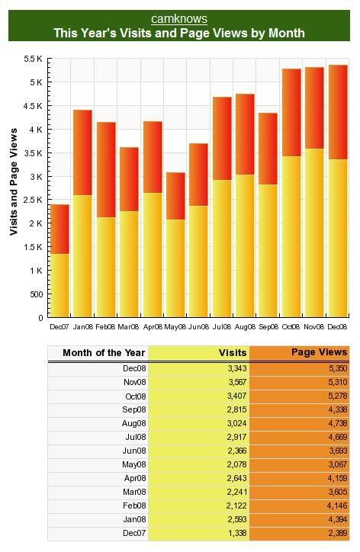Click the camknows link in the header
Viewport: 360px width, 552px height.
(179, 18)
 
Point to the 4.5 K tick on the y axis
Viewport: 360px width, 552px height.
(33, 106)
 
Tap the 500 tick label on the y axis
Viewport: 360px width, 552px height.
(37, 294)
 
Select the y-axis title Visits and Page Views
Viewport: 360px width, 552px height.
(14, 181)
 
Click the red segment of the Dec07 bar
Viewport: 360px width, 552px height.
(59, 229)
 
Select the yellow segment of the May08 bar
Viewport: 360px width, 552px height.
(175, 268)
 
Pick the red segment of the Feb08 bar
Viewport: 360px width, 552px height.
(106, 170)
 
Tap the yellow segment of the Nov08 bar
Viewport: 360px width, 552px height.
(314, 233)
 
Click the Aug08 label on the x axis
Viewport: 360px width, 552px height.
(245, 326)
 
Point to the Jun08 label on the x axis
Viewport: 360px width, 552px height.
(198, 326)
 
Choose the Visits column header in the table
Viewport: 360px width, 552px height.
(233, 353)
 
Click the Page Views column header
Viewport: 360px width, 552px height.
(319, 352)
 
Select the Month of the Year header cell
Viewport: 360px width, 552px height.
(104, 353)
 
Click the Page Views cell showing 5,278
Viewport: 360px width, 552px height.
(300, 396)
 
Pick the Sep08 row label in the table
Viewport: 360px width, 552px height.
(133, 409)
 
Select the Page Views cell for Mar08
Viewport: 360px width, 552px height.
(300, 493)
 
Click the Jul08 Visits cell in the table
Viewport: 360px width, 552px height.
(199, 437)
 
